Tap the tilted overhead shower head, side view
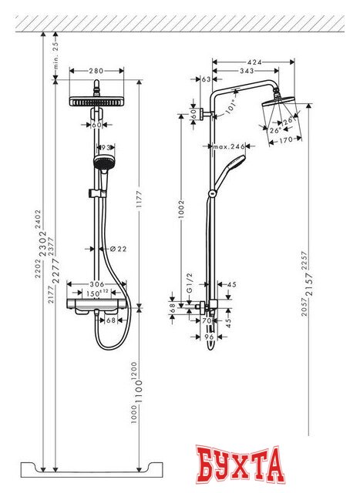point(275,109)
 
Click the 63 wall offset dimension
point(206,79)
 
